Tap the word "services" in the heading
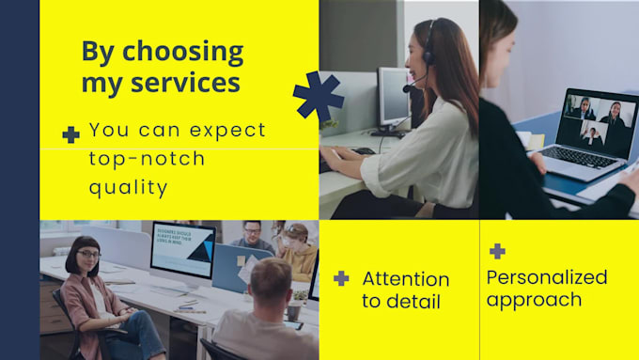point(183,83)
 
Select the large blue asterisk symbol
point(318,96)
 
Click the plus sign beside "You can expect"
point(70,134)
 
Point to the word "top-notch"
point(147,159)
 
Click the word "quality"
point(129,188)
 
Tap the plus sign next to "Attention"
point(341,278)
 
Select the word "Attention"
point(406,278)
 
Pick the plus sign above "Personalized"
point(497,251)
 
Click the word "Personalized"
point(547,277)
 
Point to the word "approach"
point(534,301)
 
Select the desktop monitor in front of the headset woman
point(394,97)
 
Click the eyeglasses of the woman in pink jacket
point(88,255)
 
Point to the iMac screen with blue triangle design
point(182,249)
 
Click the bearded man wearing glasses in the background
point(250,235)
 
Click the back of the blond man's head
point(270,281)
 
